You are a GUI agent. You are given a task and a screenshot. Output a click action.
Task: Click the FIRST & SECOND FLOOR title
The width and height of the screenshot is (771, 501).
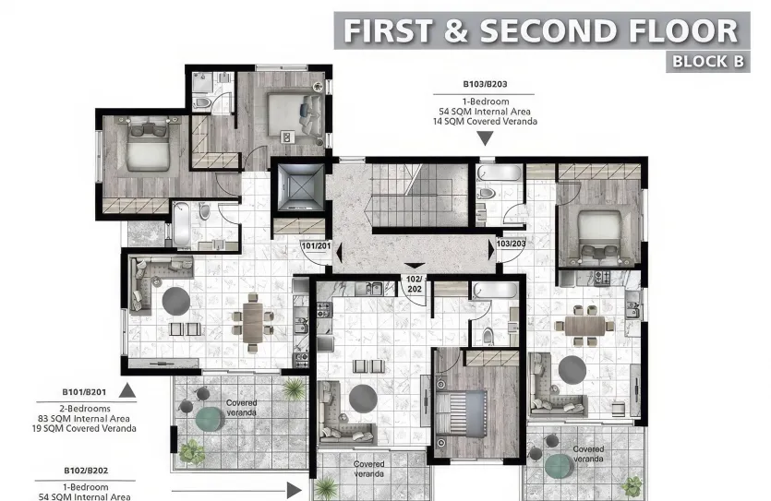(x=540, y=30)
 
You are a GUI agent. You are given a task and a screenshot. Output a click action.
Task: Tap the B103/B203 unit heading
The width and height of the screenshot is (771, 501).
(x=486, y=83)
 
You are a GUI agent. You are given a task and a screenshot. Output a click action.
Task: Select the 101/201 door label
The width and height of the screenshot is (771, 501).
(x=316, y=246)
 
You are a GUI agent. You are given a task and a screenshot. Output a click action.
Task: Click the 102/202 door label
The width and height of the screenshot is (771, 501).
(x=414, y=283)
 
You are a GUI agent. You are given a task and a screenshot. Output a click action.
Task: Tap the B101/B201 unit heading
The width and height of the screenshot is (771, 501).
(x=86, y=391)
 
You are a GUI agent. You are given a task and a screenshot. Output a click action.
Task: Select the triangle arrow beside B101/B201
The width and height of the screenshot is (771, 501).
(x=127, y=391)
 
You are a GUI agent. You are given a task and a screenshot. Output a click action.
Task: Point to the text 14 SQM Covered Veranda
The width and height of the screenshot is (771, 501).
(x=488, y=122)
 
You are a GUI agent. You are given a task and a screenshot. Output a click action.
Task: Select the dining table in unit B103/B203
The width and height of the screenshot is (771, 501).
(x=584, y=326)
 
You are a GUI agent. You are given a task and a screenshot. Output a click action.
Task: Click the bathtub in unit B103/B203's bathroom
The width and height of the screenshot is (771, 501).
(x=499, y=174)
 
